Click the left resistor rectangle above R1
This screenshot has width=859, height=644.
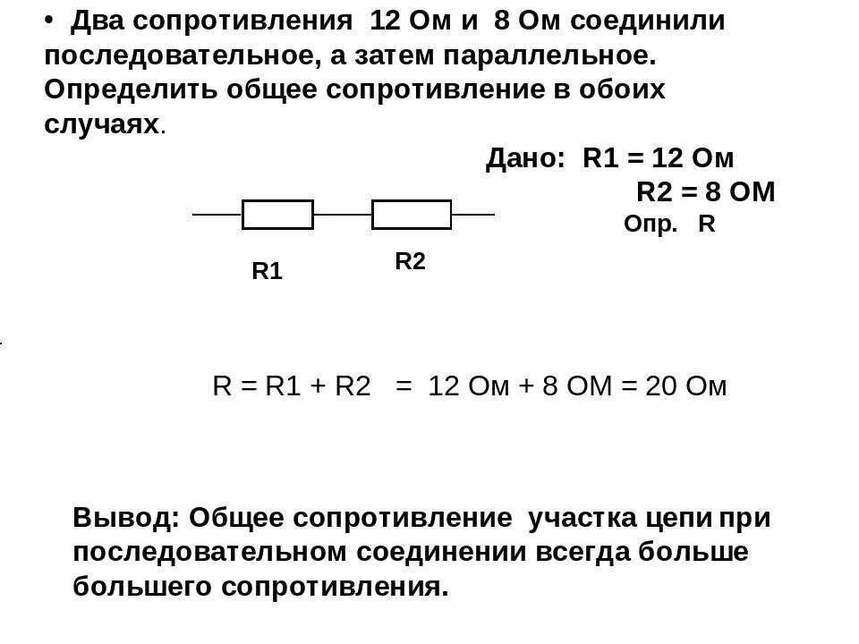[x=277, y=215]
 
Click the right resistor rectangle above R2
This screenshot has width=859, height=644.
[x=412, y=215]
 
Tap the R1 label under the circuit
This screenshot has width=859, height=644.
[x=267, y=272]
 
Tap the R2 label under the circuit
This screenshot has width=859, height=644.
[x=410, y=261]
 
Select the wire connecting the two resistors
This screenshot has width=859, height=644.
[x=343, y=215]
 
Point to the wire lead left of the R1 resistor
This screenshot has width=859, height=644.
[x=217, y=215]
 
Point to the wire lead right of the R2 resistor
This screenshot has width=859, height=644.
[x=472, y=215]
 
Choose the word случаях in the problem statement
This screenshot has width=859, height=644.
[x=101, y=124]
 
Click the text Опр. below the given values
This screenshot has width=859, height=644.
[x=651, y=225]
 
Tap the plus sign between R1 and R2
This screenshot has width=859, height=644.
[x=316, y=387]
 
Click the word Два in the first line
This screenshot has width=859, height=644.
[x=99, y=21]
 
